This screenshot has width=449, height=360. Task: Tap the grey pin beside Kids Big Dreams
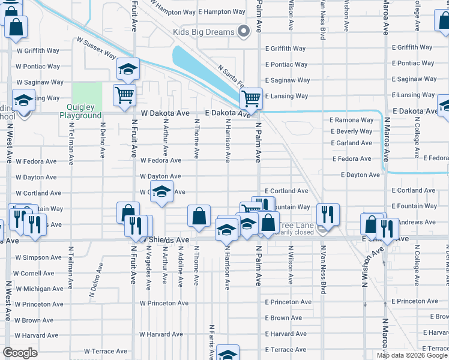coord(243,31)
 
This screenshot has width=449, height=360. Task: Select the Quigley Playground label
coord(80,112)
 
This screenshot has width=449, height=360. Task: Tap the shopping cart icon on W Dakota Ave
coord(124,95)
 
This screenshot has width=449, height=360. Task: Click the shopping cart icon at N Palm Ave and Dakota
coord(252,98)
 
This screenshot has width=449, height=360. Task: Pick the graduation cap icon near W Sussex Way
coord(127,69)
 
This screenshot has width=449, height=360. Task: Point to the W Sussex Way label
coord(96,48)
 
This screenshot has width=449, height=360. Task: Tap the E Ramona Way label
coord(352,120)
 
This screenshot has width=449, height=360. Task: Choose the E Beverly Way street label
coord(352,131)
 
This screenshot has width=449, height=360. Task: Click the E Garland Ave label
coord(352,143)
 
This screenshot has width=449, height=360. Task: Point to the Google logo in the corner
coord(20,353)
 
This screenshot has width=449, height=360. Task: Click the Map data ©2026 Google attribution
coord(412,355)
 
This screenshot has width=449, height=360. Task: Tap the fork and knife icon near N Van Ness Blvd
coord(328,214)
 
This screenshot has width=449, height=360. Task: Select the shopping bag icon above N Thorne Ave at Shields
coord(199,216)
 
